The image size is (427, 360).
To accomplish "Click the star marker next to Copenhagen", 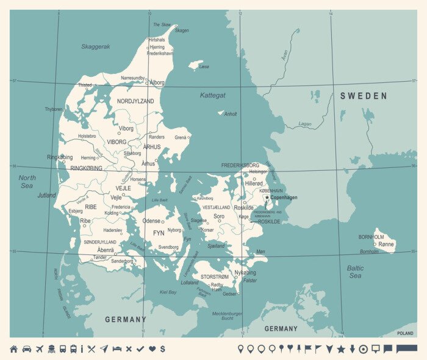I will pyautogui.click(x=267, y=197).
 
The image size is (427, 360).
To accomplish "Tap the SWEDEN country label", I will pyautogui.click(x=364, y=96).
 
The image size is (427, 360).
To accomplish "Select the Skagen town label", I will pyautogui.click(x=182, y=30).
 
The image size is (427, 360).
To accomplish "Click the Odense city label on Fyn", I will pyautogui.click(x=151, y=220).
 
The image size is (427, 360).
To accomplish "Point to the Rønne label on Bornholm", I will pyautogui.click(x=386, y=243).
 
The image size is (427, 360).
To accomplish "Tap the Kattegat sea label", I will pyautogui.click(x=212, y=95).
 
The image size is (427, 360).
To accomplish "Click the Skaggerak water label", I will pyautogui.click(x=96, y=46).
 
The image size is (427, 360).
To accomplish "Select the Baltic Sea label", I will pyautogui.click(x=355, y=272).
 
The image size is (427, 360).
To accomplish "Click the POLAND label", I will pyautogui.click(x=405, y=333).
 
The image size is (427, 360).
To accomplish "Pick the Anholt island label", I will pyautogui.click(x=231, y=113).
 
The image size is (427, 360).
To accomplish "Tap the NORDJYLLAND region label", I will pyautogui.click(x=135, y=101).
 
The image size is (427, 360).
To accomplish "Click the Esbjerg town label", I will pyautogui.click(x=76, y=211).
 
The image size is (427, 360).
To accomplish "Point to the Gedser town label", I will pyautogui.click(x=229, y=294).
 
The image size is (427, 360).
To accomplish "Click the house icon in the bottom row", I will pyautogui.click(x=13, y=349).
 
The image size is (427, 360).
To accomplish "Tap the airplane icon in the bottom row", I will pyautogui.click(x=40, y=349).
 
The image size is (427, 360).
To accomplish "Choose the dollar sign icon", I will pyautogui.click(x=162, y=349).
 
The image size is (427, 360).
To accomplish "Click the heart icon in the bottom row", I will pyautogui.click(x=152, y=349).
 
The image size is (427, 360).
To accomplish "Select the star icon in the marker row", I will pyautogui.click(x=341, y=349).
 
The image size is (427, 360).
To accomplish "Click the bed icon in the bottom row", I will pyautogui.click(x=117, y=349).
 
